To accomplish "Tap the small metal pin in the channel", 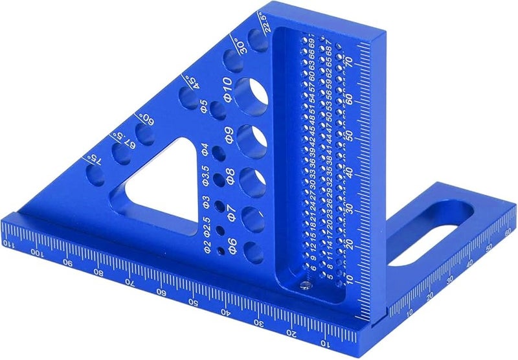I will pos(305,283).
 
